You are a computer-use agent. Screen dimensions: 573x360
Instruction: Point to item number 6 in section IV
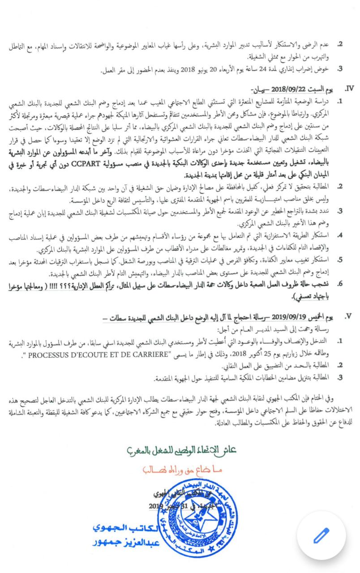pyautogui.click(x=340, y=284)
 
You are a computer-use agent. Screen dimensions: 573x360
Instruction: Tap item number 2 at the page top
pyautogui.click(x=340, y=44)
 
